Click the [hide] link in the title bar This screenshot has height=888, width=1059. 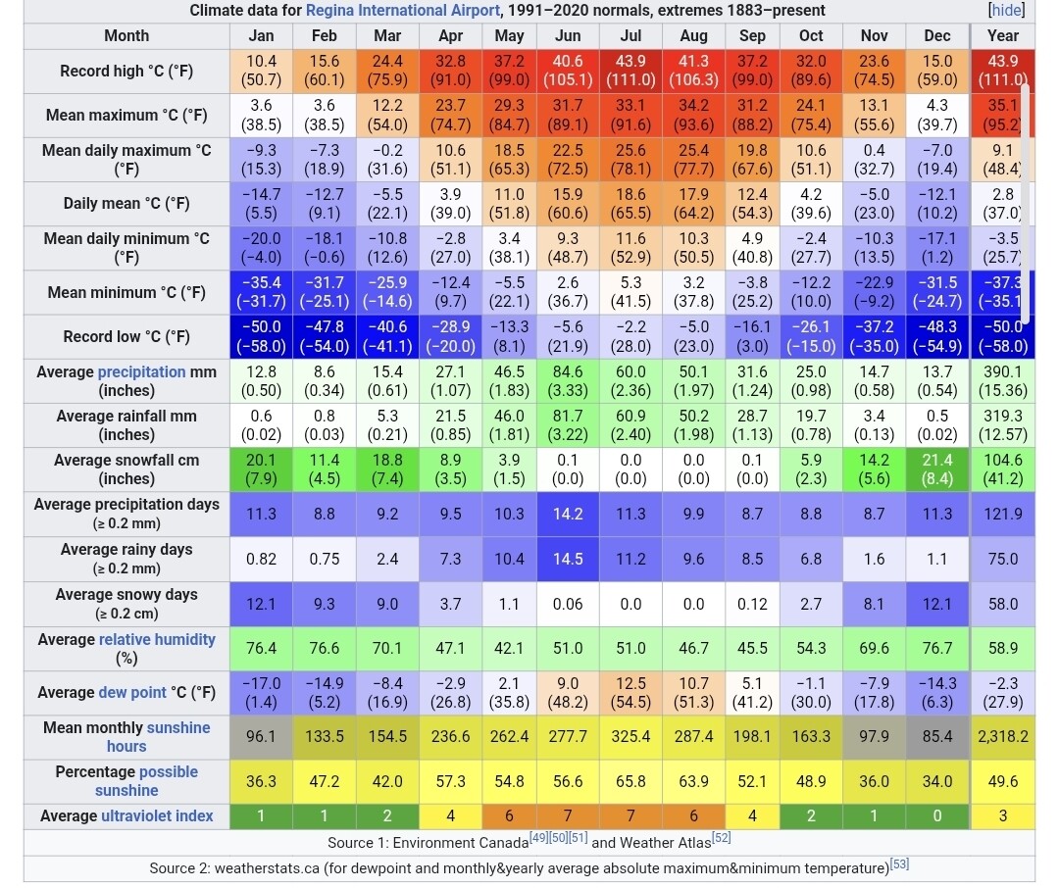tap(1006, 11)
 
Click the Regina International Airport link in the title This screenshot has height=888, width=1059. tap(402, 11)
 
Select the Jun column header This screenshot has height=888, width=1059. tap(568, 35)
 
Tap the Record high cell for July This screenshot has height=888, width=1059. tap(630, 71)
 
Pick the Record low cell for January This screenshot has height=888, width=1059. tap(261, 336)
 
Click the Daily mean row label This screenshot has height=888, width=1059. tap(126, 204)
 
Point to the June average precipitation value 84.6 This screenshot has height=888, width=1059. tap(568, 381)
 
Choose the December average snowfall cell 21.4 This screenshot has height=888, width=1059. tap(936, 469)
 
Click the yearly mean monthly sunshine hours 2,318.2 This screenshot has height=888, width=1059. tap(1003, 736)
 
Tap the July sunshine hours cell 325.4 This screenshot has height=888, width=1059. tap(630, 736)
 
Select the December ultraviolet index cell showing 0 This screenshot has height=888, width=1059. tap(936, 816)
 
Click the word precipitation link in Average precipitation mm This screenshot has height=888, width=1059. tap(141, 372)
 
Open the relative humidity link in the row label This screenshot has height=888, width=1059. tap(157, 640)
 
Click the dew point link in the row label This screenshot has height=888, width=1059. tap(131, 693)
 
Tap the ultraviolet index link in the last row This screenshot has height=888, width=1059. tap(157, 816)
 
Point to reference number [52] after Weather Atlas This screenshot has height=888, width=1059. tap(721, 839)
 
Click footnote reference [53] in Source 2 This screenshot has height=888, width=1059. tap(899, 864)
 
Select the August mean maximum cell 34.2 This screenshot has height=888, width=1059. tap(693, 115)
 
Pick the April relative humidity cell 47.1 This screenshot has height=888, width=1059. tap(450, 648)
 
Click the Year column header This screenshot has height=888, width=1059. tap(1003, 35)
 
